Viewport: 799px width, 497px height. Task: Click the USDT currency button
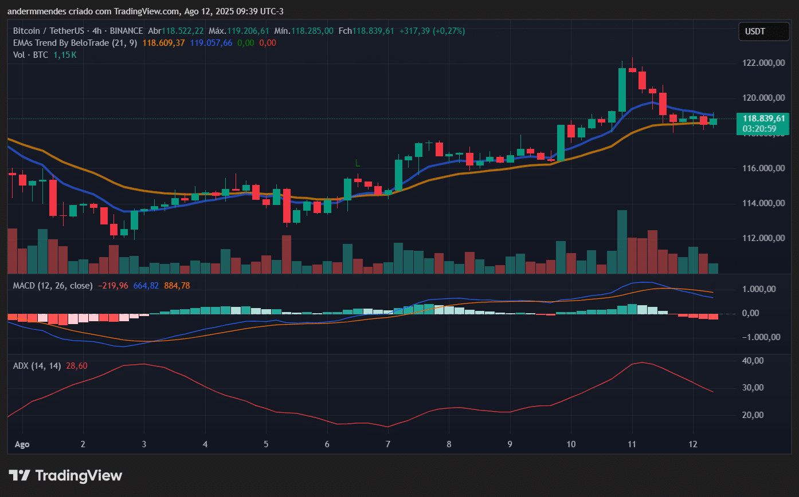[x=755, y=31]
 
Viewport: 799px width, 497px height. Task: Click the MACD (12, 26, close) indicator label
[x=53, y=285]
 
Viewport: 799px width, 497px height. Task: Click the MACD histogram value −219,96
[x=113, y=285]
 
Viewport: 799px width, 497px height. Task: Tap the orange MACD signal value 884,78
[x=177, y=285]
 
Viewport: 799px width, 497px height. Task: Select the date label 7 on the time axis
[x=388, y=444]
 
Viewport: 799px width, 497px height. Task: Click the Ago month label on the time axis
[x=21, y=444]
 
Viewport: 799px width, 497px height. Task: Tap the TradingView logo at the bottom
[x=65, y=475]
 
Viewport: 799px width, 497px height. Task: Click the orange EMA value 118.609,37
[x=163, y=42]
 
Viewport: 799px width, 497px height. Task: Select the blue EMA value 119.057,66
[x=211, y=42]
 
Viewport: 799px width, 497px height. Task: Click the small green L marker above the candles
[x=357, y=163]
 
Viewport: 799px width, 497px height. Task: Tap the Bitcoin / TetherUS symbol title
[x=47, y=30]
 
